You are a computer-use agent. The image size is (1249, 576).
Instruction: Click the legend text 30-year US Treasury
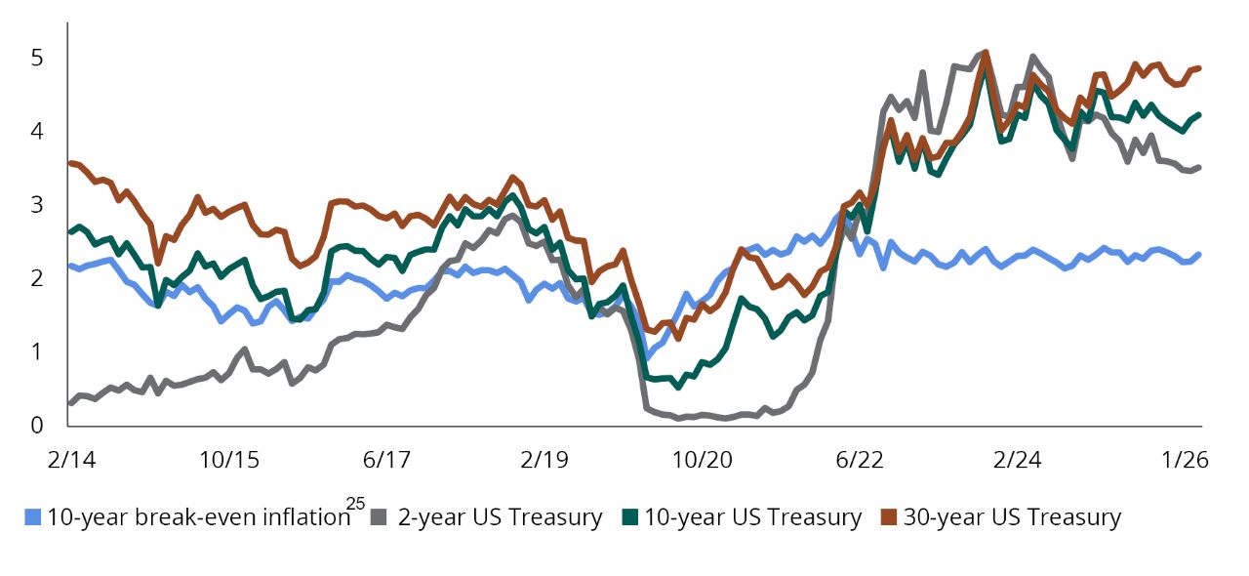pyautogui.click(x=1012, y=517)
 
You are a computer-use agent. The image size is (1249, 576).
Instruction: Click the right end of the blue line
pyautogui.click(x=1199, y=254)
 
